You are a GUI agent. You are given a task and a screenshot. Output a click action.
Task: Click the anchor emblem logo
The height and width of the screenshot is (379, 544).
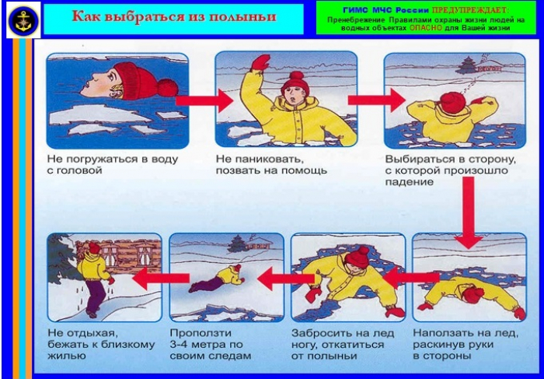[23, 20]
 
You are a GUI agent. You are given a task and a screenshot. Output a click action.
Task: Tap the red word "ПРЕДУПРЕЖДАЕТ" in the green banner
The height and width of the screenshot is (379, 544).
[469, 10]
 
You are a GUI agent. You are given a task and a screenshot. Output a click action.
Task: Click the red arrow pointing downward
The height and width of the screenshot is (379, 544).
[469, 212]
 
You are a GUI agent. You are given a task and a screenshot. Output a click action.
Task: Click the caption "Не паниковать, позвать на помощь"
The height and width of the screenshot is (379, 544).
[271, 165]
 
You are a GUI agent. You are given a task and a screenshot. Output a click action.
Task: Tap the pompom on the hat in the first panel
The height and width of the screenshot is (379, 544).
[168, 87]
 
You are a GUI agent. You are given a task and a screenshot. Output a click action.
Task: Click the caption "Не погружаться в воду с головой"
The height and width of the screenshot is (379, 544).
[113, 165]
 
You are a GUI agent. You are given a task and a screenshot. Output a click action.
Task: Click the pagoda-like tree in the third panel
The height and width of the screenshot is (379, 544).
[466, 65]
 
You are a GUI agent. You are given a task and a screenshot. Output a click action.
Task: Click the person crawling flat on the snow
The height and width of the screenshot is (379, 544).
[217, 277]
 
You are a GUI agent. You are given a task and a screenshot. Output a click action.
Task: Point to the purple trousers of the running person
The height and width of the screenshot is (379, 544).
[94, 296]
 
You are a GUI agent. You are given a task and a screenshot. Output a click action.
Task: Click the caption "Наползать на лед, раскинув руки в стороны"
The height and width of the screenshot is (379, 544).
[466, 344]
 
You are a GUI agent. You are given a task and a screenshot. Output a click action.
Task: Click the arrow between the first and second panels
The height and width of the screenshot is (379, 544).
[204, 100]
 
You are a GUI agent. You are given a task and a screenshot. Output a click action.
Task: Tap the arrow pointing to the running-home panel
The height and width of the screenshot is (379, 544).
[161, 278]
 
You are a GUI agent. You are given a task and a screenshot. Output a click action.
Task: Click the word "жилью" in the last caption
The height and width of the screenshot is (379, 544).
[66, 356]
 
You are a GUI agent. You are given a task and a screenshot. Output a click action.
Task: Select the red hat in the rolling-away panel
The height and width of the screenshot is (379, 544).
[357, 257]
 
